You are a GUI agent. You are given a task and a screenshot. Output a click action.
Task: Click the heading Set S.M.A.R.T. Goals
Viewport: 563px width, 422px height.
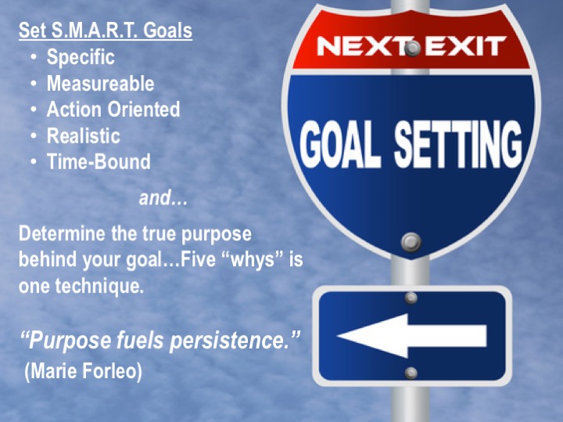[x=106, y=31]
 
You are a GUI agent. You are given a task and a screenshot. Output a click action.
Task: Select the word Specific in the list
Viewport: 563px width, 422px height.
[x=81, y=57]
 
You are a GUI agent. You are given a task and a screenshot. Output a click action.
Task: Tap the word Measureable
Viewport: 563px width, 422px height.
[x=101, y=84]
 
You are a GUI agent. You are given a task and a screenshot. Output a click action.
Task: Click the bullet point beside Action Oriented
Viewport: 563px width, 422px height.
[x=34, y=110]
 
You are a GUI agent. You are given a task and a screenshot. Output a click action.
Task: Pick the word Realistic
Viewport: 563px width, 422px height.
[x=84, y=135]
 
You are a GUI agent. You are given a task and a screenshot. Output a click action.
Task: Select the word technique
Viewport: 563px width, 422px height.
[x=99, y=287]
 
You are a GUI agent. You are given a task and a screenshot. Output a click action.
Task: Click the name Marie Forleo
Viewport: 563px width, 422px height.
[x=83, y=370]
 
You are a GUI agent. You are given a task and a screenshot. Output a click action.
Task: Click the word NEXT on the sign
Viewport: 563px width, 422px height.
[x=360, y=46]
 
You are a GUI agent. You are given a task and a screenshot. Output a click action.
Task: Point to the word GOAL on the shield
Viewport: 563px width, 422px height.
[x=341, y=144]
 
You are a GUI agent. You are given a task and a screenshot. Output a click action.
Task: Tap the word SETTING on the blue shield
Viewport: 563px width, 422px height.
[x=458, y=144]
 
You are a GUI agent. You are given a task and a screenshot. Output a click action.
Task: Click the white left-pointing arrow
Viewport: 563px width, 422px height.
[x=412, y=336]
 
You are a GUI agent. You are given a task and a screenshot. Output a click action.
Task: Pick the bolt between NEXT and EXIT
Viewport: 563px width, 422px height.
[x=413, y=49]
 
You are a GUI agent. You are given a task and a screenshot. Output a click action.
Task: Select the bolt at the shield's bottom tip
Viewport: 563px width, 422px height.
[x=411, y=242]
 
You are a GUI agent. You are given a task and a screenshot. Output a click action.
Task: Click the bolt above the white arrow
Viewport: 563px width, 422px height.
[x=411, y=298]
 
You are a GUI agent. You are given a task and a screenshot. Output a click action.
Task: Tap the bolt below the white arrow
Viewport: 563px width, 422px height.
[x=411, y=373]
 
